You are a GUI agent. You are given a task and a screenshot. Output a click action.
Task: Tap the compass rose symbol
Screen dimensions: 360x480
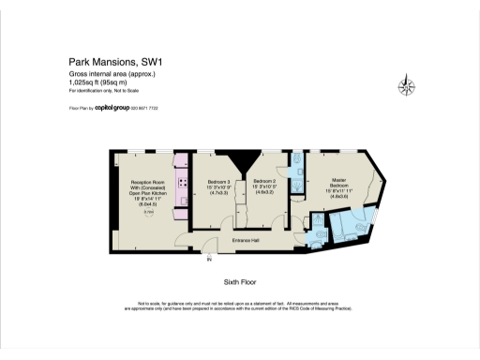pyautogui.click(x=407, y=87)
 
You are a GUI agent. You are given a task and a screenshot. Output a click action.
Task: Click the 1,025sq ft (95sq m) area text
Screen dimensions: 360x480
pyautogui.click(x=100, y=82)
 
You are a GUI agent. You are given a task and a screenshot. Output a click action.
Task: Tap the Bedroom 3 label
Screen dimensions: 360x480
pyautogui.click(x=217, y=180)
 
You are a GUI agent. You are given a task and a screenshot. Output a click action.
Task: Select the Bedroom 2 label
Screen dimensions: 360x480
pyautogui.click(x=264, y=180)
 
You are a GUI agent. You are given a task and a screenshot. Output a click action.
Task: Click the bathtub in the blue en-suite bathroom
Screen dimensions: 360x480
pyautogui.click(x=354, y=226)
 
